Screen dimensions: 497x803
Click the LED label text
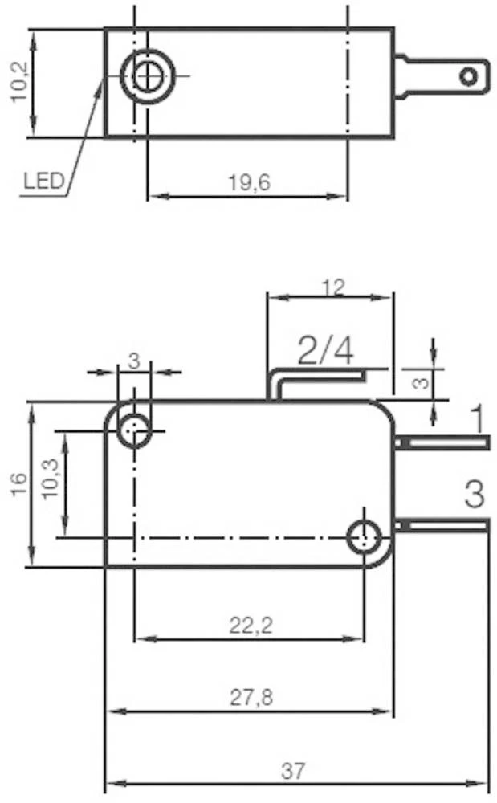pyautogui.click(x=44, y=180)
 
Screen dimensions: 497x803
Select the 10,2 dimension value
pyautogui.click(x=20, y=83)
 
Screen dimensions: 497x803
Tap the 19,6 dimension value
pyautogui.click(x=249, y=182)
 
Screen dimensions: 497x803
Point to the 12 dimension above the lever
pyautogui.click(x=334, y=287)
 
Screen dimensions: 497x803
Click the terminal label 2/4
pyautogui.click(x=326, y=351)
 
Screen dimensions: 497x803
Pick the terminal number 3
pyautogui.click(x=475, y=494)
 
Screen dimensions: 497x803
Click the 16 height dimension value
pyautogui.click(x=18, y=483)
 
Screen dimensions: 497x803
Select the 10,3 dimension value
pyautogui.click(x=51, y=479)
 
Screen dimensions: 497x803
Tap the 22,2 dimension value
pyautogui.click(x=251, y=626)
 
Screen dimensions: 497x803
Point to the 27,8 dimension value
pyautogui.click(x=251, y=697)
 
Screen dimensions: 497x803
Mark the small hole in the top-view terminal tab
pyautogui.click(x=468, y=77)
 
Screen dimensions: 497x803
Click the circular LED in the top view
pyautogui.click(x=148, y=75)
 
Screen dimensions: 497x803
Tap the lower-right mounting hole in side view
pyautogui.click(x=364, y=538)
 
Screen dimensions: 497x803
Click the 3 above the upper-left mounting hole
pyautogui.click(x=133, y=361)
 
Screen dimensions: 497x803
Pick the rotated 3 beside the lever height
pyautogui.click(x=421, y=381)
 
